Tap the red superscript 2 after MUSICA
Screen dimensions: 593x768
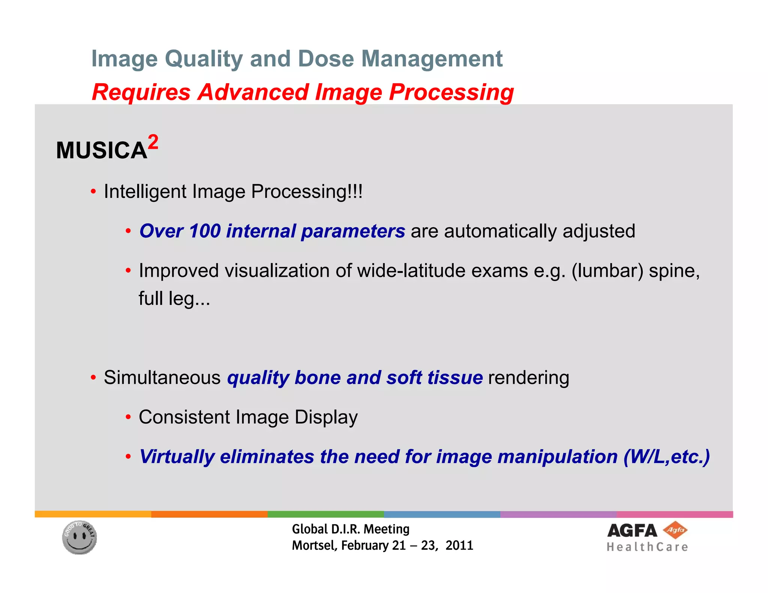(x=153, y=142)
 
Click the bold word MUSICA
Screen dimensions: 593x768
(x=101, y=151)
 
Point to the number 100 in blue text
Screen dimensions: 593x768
(x=205, y=231)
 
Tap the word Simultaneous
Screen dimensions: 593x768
(x=162, y=377)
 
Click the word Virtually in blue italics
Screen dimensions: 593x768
(x=177, y=457)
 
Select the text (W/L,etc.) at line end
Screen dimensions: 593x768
(x=666, y=457)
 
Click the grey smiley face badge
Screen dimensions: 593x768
(x=79, y=538)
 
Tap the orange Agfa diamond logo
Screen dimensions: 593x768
(x=675, y=530)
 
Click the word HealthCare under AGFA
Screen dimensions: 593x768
(x=647, y=547)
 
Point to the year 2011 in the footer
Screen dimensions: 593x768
(x=459, y=545)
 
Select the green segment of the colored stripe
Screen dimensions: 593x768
(x=325, y=514)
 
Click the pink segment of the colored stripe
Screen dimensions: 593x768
(x=674, y=514)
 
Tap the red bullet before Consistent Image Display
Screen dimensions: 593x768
(x=128, y=417)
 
